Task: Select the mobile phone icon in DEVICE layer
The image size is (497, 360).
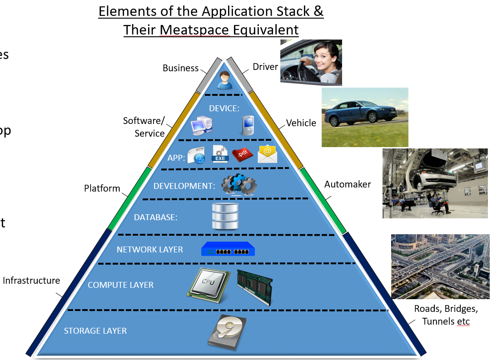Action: (248, 126)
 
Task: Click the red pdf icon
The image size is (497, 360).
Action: (242, 155)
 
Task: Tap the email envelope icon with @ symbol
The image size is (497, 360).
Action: (267, 154)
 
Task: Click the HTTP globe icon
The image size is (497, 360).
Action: (196, 156)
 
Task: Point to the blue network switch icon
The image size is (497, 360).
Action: (228, 249)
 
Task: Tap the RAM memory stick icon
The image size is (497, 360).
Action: (254, 286)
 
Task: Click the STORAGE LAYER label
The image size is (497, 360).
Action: (95, 330)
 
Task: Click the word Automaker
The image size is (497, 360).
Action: (348, 184)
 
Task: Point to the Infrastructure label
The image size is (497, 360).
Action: (31, 281)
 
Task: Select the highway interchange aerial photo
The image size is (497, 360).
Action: (440, 266)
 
